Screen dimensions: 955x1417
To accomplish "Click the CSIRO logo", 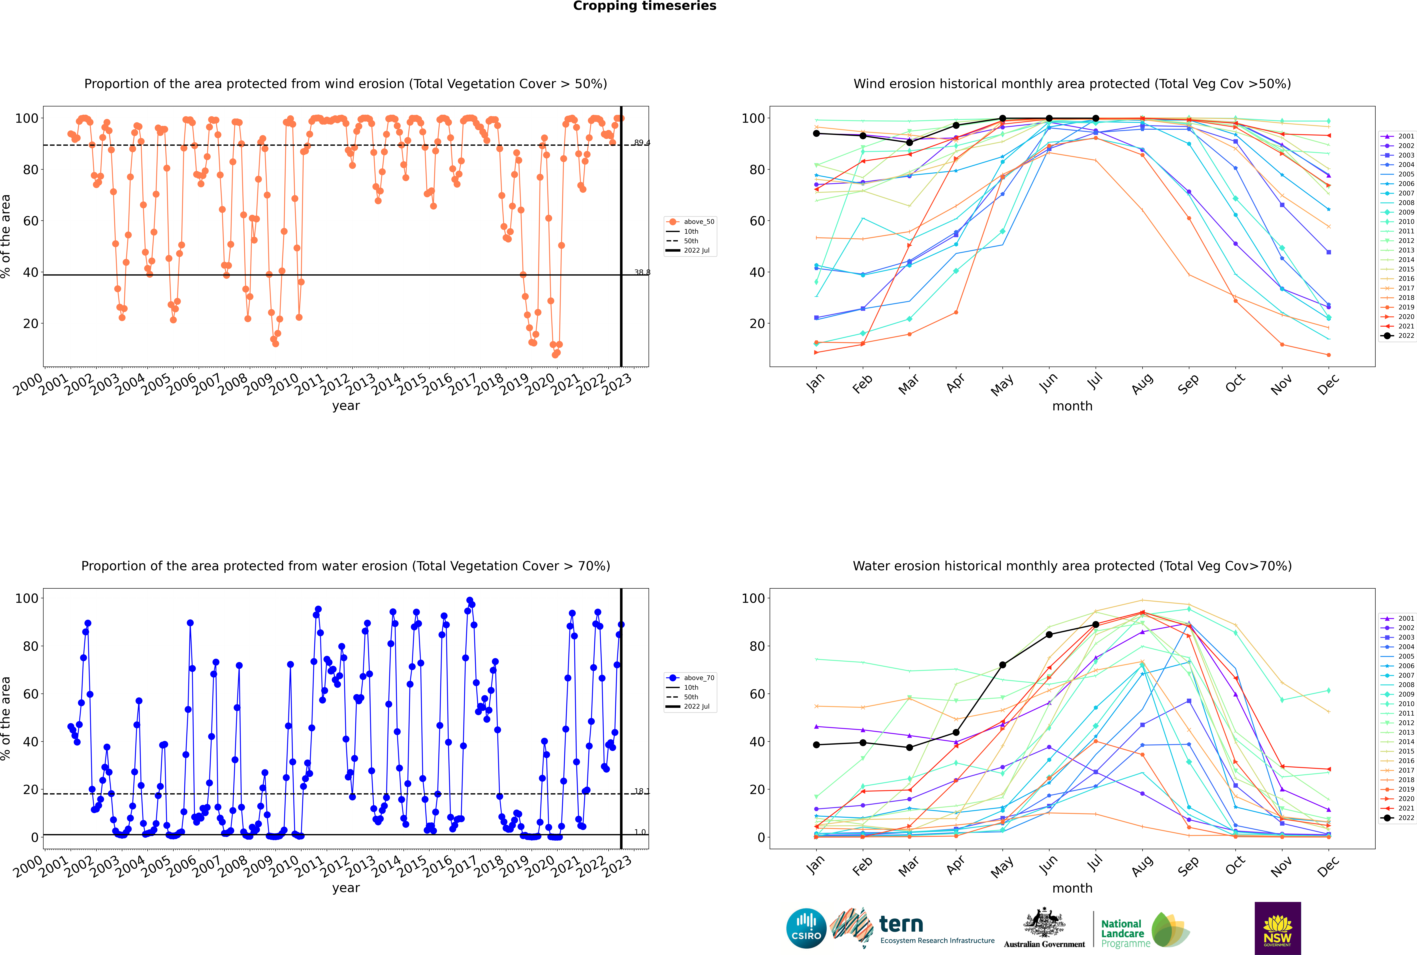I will (x=806, y=928).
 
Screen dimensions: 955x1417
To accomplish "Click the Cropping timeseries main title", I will (x=644, y=6).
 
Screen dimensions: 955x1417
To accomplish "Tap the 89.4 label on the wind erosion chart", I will (x=642, y=143).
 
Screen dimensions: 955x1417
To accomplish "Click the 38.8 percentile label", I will (x=642, y=272).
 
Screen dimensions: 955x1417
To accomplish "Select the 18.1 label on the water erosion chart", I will (x=642, y=791).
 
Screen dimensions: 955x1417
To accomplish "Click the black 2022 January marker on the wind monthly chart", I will (x=816, y=133).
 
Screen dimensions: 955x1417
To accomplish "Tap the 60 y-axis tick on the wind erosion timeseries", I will (x=30, y=221).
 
